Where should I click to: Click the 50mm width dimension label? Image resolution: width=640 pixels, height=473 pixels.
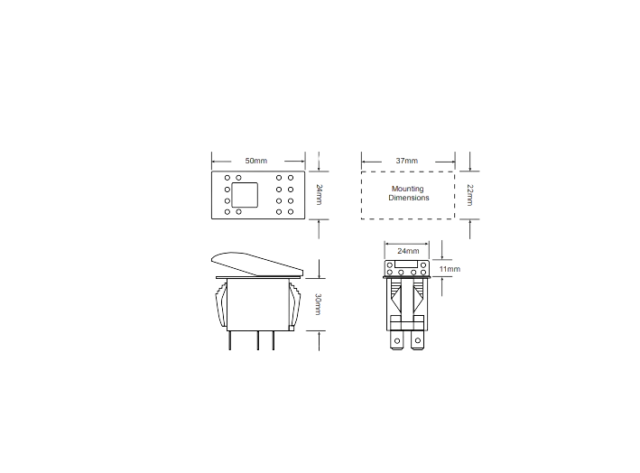coord(255,161)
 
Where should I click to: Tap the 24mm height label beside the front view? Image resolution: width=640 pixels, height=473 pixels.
coord(319,194)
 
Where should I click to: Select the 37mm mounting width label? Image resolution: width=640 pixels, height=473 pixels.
coord(406,161)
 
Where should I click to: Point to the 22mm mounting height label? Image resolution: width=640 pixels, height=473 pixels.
coord(469,194)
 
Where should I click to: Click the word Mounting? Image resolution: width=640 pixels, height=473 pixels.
coord(408,189)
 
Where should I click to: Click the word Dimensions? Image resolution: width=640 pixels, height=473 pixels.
coord(409,198)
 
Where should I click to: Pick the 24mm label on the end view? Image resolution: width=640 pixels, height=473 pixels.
coord(408,250)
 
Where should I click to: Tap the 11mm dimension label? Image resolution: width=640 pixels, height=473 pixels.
coord(448,269)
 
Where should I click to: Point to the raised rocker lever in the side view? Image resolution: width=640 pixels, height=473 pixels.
coord(255,263)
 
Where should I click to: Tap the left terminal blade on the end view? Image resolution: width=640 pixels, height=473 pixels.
coord(397,339)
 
